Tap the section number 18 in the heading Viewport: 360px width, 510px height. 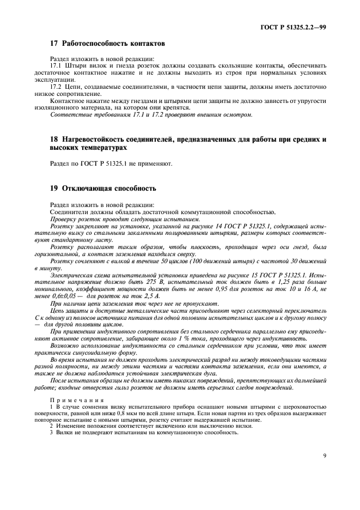[x=54, y=139]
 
